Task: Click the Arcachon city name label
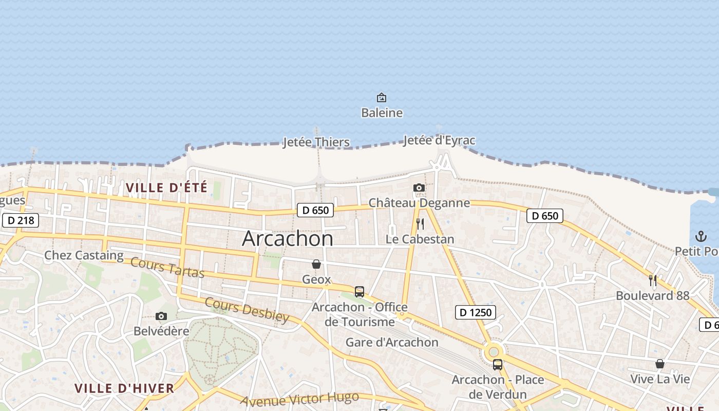288,238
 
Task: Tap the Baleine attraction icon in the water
382,98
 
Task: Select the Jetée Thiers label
316,142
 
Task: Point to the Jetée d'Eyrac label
439,140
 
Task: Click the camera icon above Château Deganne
419,188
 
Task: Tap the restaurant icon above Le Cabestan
420,224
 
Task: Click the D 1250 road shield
476,312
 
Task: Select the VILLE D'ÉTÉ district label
167,188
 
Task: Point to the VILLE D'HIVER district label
125,388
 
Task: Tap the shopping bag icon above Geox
316,265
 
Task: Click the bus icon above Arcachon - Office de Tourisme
359,292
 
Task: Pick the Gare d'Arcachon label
392,342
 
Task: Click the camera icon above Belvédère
161,316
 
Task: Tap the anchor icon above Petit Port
701,236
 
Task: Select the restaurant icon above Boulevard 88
653,281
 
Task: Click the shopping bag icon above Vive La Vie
660,364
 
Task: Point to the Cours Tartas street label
167,268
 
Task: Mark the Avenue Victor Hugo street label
299,399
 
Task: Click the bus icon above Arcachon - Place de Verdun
498,365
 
